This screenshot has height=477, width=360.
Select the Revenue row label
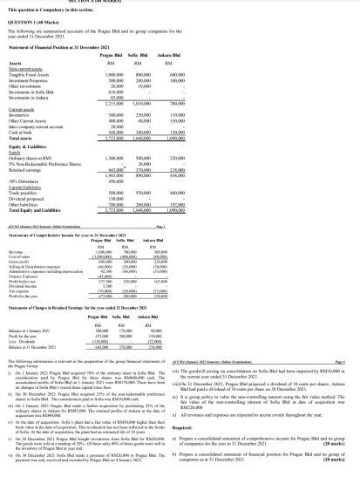[32, 276]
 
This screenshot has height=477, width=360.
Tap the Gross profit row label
[35, 286]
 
